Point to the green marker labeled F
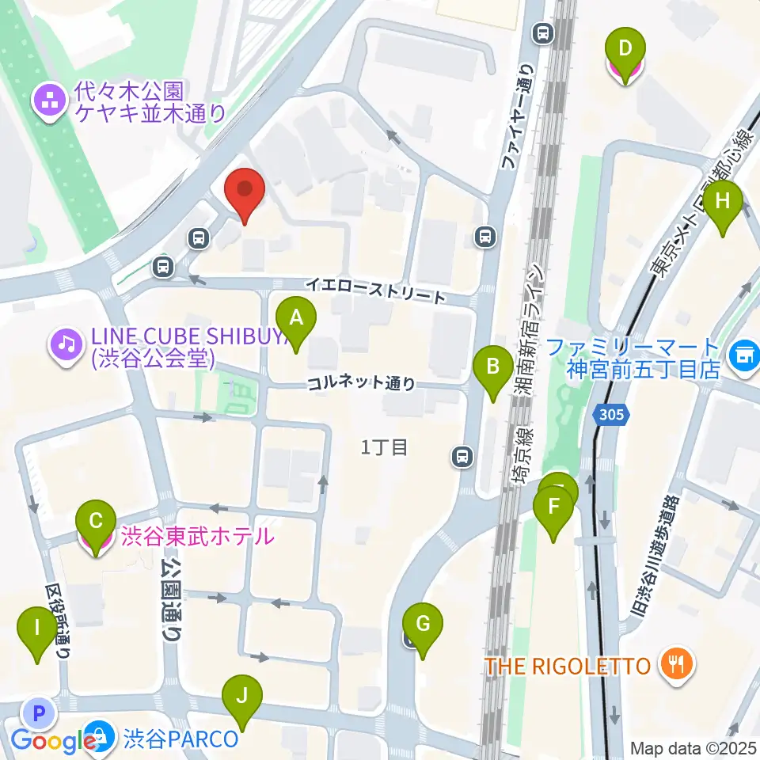click(x=553, y=510)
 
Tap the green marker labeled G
click(x=423, y=627)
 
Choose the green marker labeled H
click(x=722, y=204)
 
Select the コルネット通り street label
click(x=361, y=383)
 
